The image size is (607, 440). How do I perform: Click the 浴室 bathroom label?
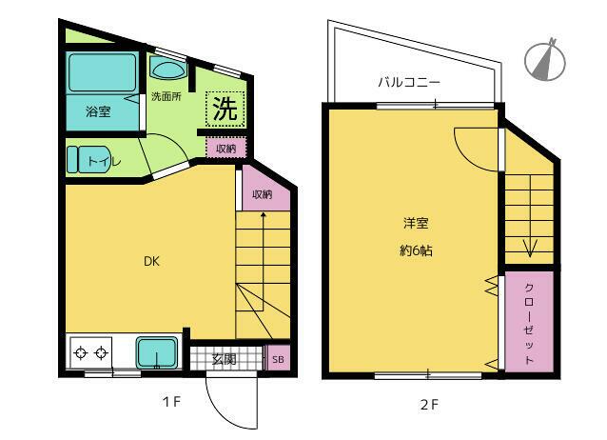point(98,111)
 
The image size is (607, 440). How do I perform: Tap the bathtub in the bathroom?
point(102,72)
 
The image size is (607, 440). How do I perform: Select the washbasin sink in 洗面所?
point(167,69)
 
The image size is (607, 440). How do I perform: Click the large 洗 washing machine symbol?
point(225,109)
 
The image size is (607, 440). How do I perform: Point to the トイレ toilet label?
point(105,161)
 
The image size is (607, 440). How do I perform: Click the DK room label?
point(151,261)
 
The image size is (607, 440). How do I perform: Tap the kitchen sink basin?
point(157,352)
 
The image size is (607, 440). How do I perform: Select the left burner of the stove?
point(81,353)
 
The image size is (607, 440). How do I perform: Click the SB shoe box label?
point(278,359)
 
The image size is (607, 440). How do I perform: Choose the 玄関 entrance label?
point(225,359)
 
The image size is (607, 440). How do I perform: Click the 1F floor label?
point(171,402)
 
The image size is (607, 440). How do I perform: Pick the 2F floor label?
point(429,405)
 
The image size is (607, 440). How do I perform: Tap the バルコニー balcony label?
point(409,82)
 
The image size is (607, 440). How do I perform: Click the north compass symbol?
point(545,60)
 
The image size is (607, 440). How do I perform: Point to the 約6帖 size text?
point(416,250)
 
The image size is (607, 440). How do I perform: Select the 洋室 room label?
point(416,223)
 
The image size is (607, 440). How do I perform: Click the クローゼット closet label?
point(529,324)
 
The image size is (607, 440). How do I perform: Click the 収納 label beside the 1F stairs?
point(263,194)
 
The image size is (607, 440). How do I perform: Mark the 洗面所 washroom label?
point(166,96)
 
